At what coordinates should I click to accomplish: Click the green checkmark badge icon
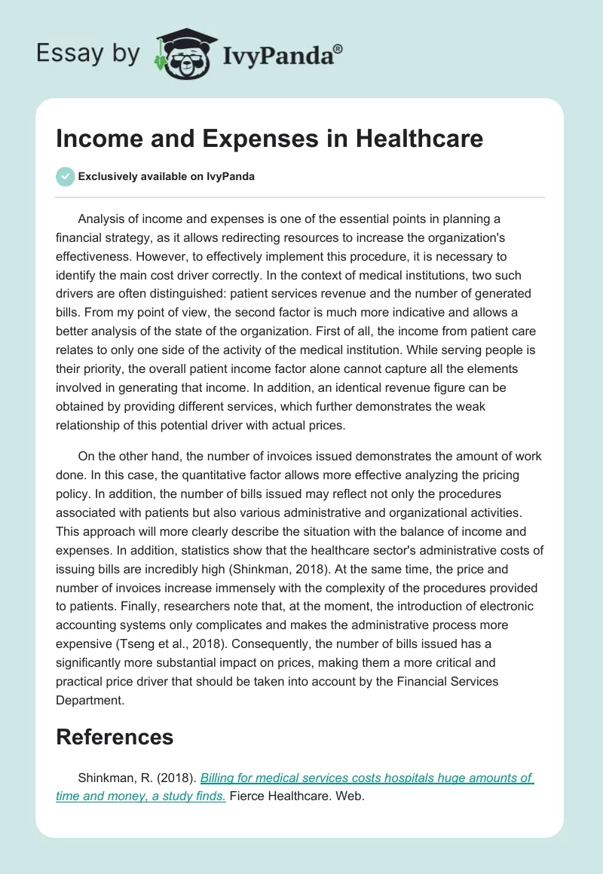(x=65, y=176)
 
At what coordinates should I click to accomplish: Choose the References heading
(x=115, y=736)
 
